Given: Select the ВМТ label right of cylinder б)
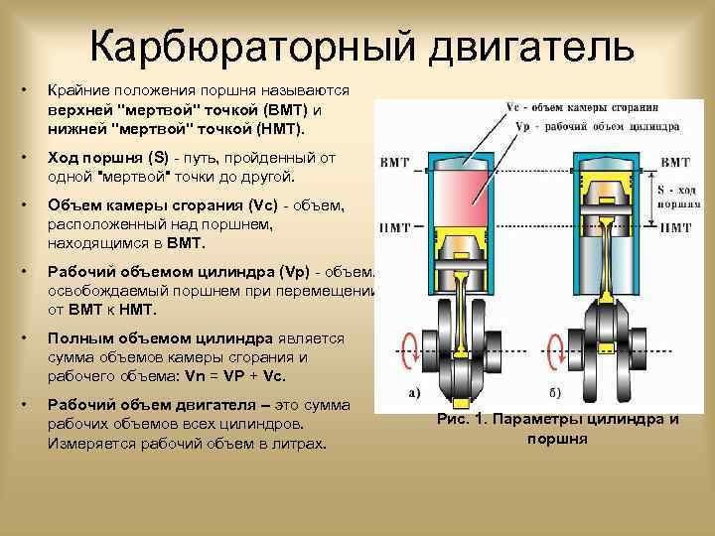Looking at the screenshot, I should pos(674,162).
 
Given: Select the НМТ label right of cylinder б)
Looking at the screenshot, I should pos(674,227).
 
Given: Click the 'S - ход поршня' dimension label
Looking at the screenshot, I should pos(677,195).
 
